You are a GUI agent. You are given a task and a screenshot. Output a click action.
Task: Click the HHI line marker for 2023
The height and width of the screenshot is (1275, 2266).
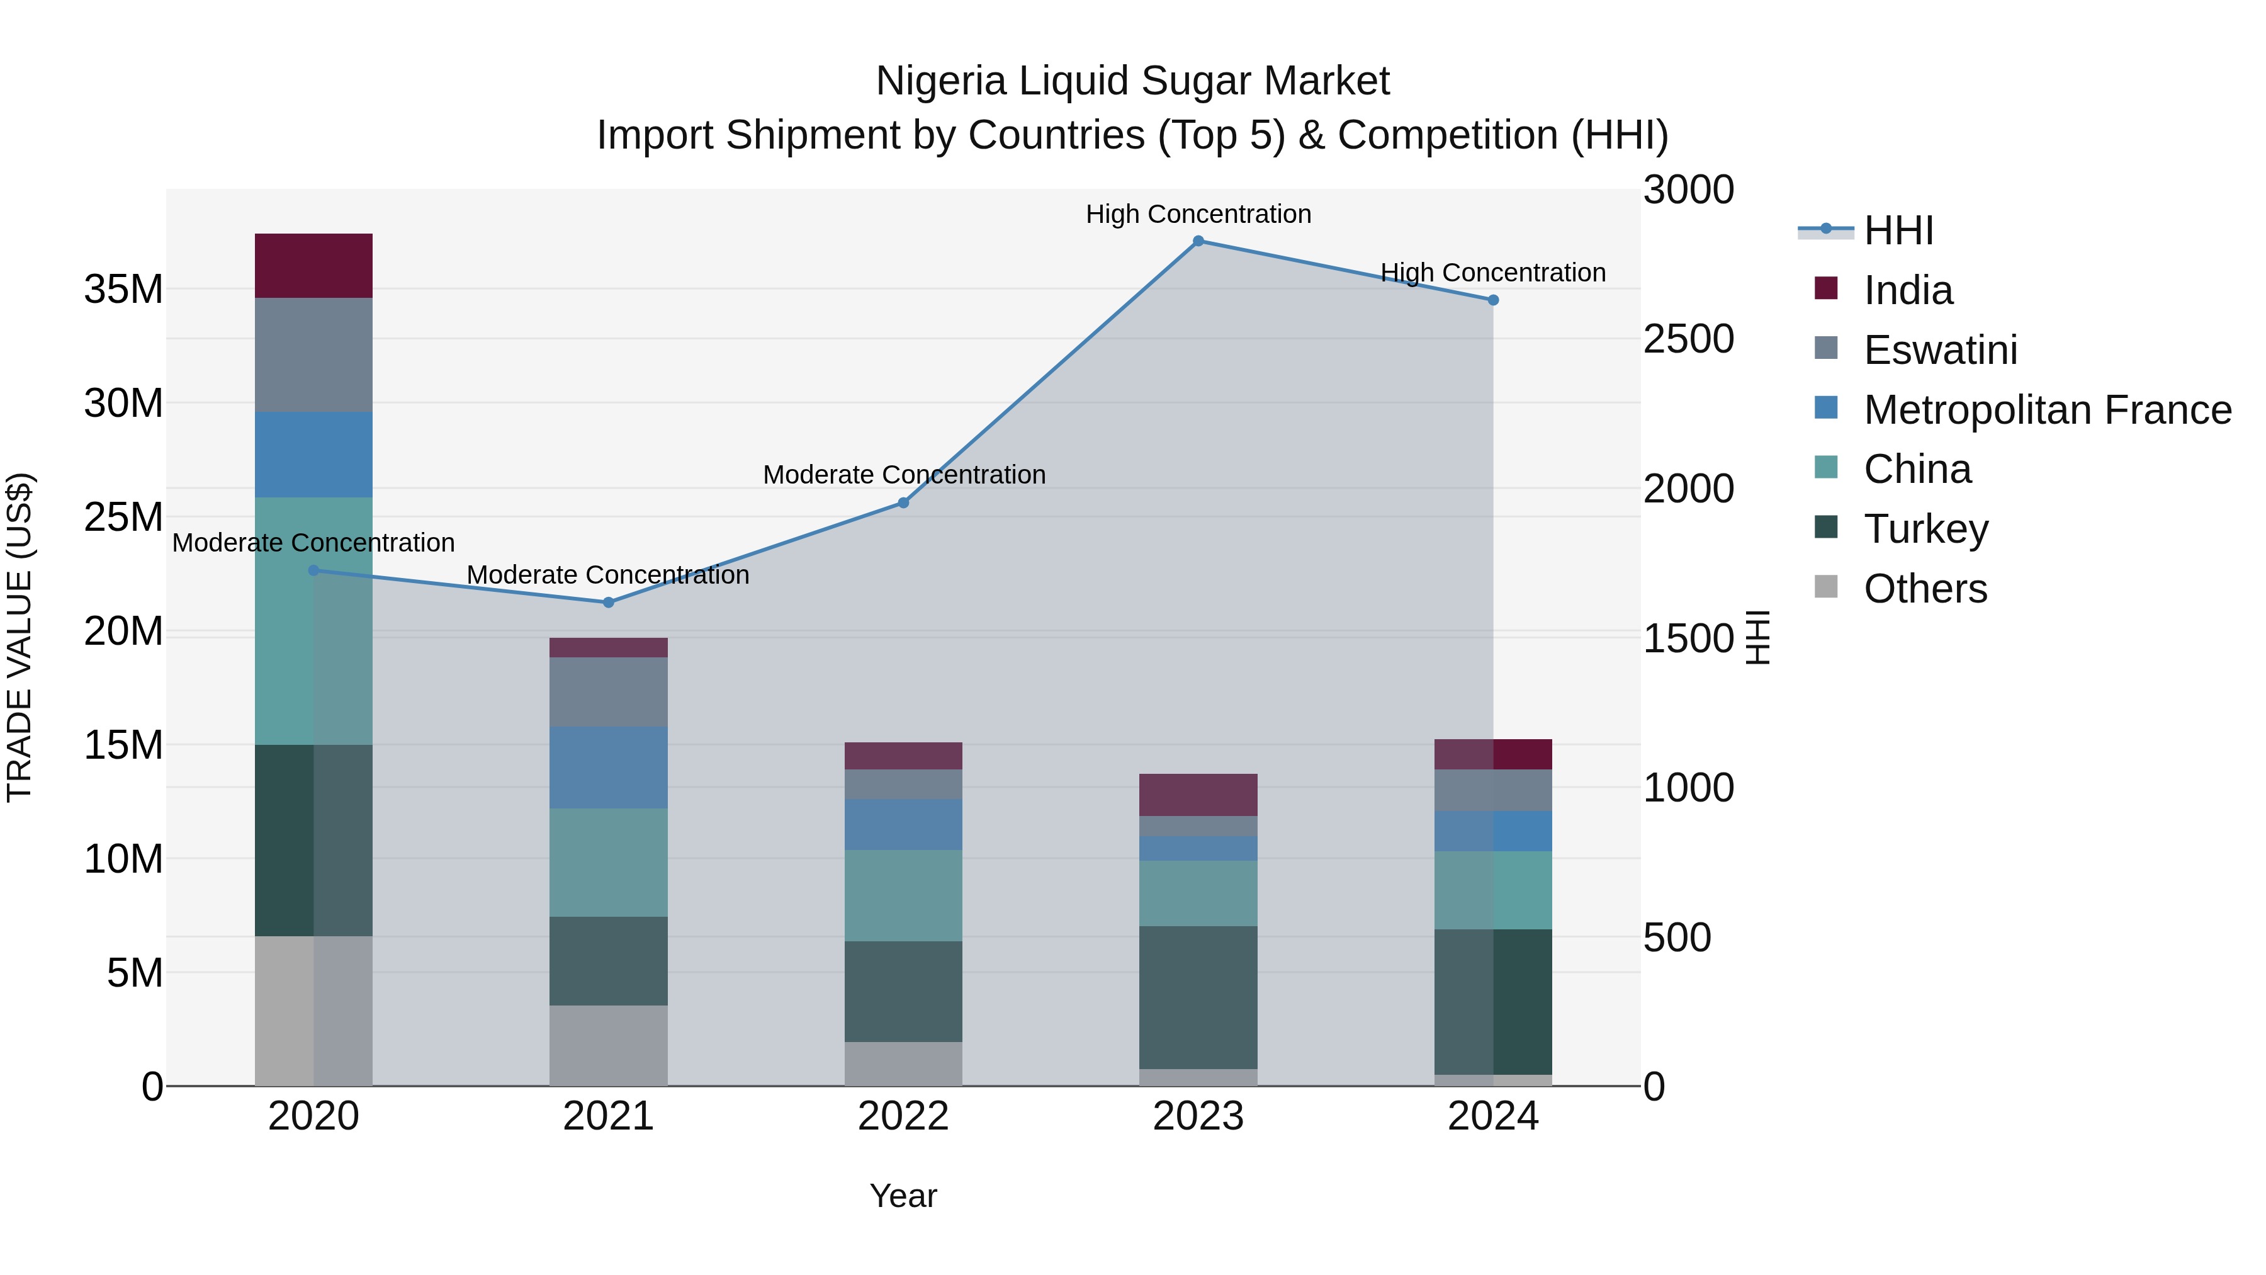(1198, 241)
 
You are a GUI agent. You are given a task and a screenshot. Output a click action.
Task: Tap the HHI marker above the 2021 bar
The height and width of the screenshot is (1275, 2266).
(608, 603)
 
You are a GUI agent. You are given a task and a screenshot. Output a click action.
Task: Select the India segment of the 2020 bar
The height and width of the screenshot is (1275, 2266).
(313, 266)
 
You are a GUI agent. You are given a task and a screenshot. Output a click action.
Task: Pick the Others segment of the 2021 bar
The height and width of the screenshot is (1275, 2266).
(608, 1045)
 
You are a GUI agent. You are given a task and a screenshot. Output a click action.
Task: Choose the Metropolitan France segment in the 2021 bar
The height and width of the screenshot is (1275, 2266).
(608, 768)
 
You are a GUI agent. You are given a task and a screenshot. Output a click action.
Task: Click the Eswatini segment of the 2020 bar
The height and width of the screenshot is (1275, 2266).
(313, 354)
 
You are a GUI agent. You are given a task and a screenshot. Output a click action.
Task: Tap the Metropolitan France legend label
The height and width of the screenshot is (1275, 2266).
(2047, 410)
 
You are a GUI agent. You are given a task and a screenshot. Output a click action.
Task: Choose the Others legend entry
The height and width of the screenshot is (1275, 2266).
(1925, 589)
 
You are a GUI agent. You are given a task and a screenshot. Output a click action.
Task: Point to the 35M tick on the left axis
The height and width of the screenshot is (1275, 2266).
(123, 290)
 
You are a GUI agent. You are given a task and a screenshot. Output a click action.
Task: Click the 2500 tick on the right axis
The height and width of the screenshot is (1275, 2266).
(1688, 339)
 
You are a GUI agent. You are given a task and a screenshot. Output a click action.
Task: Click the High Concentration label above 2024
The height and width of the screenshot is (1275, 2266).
(1493, 273)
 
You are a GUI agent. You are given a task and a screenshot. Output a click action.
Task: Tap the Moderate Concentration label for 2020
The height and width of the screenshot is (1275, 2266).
(313, 543)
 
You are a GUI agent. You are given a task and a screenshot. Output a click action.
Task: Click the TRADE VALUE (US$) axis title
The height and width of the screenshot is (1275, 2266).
(20, 637)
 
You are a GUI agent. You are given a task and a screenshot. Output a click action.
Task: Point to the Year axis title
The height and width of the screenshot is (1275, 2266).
(903, 1196)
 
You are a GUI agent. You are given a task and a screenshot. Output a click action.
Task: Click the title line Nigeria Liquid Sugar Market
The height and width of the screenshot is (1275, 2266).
(1132, 81)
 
